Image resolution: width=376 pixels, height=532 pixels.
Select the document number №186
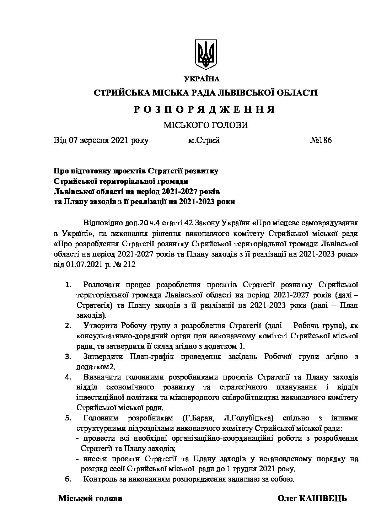pyautogui.click(x=321, y=140)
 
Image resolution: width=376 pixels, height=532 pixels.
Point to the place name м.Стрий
pyautogui.click(x=204, y=140)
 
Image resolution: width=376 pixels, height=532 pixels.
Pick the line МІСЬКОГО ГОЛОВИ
pyautogui.click(x=205, y=125)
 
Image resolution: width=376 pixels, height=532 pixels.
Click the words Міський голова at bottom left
pyautogui.click(x=90, y=498)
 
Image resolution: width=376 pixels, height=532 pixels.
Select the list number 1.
pyautogui.click(x=69, y=285)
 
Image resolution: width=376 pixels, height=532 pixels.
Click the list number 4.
pyautogui.click(x=69, y=377)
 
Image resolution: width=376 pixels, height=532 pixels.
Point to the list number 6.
pyautogui.click(x=69, y=479)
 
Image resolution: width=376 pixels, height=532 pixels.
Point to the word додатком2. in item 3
pyautogui.click(x=95, y=366)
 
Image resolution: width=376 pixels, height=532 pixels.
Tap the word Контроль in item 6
pyautogui.click(x=100, y=479)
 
